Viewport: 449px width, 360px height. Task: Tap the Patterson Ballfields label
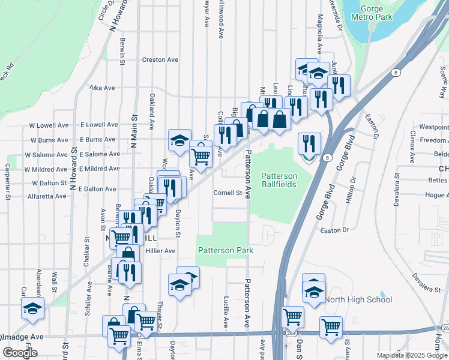point(287,180)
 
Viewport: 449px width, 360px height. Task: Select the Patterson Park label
point(225,250)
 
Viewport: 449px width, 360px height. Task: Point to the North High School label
point(358,299)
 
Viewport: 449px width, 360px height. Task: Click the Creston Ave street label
point(160,60)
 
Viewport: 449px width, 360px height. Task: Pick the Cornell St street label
point(228,193)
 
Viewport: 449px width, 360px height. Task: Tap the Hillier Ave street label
point(159,251)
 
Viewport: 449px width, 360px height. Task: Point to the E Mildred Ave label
point(99,170)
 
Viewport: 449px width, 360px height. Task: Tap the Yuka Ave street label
point(101,88)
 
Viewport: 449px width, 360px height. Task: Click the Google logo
point(20,353)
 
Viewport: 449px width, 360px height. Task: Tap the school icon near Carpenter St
point(33,309)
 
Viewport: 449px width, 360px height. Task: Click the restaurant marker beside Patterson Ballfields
point(309,144)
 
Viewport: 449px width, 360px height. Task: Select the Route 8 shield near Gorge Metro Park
point(396,73)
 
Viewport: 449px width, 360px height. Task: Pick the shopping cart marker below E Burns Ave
point(200,157)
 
